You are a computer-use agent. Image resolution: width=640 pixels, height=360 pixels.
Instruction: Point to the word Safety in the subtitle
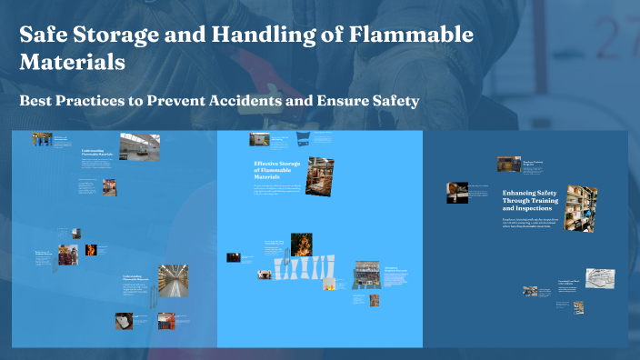390,101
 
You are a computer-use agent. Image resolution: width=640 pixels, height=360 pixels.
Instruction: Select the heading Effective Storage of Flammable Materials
277,169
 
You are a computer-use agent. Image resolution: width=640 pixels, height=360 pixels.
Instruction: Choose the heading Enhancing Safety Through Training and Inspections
532,201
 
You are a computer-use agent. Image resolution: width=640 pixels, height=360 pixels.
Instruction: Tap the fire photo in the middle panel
300,245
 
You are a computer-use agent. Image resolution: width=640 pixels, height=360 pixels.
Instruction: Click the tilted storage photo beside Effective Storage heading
320,175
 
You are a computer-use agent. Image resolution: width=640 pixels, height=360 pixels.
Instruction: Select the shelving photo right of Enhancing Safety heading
581,207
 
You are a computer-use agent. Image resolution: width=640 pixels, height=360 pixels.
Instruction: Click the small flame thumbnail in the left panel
91,249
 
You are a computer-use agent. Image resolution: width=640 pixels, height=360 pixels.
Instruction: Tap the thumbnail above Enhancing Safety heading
508,164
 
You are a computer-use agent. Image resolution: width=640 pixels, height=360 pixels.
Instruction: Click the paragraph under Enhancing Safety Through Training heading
531,222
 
